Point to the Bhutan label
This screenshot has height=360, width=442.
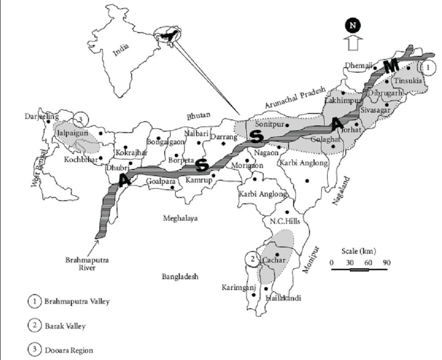pyautogui.click(x=199, y=116)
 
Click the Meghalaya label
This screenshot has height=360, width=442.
pyautogui.click(x=180, y=218)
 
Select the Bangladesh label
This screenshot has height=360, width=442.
pyautogui.click(x=180, y=276)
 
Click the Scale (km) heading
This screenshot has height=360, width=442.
pyautogui.click(x=359, y=251)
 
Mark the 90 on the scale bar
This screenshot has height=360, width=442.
pyautogui.click(x=386, y=263)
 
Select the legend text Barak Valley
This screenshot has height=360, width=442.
pyautogui.click(x=65, y=325)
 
